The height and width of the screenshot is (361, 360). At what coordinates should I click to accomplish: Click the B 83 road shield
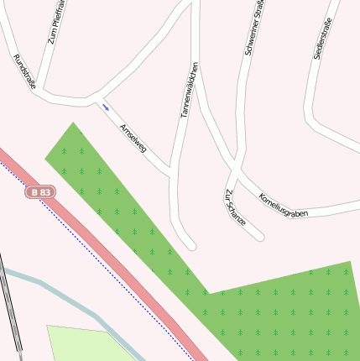click(40, 192)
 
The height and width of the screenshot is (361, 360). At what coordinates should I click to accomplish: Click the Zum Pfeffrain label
click(55, 23)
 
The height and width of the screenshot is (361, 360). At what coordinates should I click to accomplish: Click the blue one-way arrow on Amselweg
click(106, 107)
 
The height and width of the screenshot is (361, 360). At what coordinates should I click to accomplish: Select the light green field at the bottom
click(84, 344)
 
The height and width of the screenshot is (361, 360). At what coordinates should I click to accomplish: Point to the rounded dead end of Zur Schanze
click(259, 237)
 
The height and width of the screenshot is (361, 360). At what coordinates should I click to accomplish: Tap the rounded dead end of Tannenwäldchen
click(190, 245)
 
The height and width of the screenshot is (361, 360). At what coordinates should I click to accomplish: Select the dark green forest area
click(277, 311)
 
